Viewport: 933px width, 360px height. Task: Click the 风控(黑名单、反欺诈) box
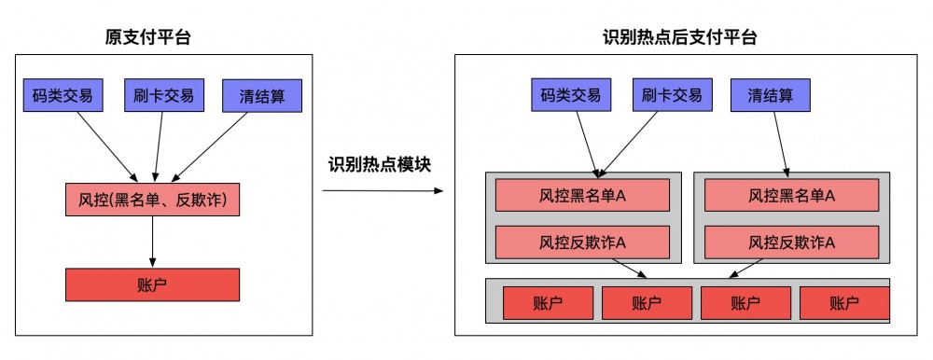click(x=152, y=199)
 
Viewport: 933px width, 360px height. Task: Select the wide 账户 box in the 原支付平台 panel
click(x=152, y=284)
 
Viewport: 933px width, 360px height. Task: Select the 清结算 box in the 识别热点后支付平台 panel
click(x=778, y=95)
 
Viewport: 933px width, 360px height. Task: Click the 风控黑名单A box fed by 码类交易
click(x=582, y=195)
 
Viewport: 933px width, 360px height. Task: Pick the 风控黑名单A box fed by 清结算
click(x=791, y=195)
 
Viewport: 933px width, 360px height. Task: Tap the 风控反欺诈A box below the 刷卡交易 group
click(x=582, y=242)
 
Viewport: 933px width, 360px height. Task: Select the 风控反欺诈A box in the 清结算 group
click(x=791, y=242)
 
